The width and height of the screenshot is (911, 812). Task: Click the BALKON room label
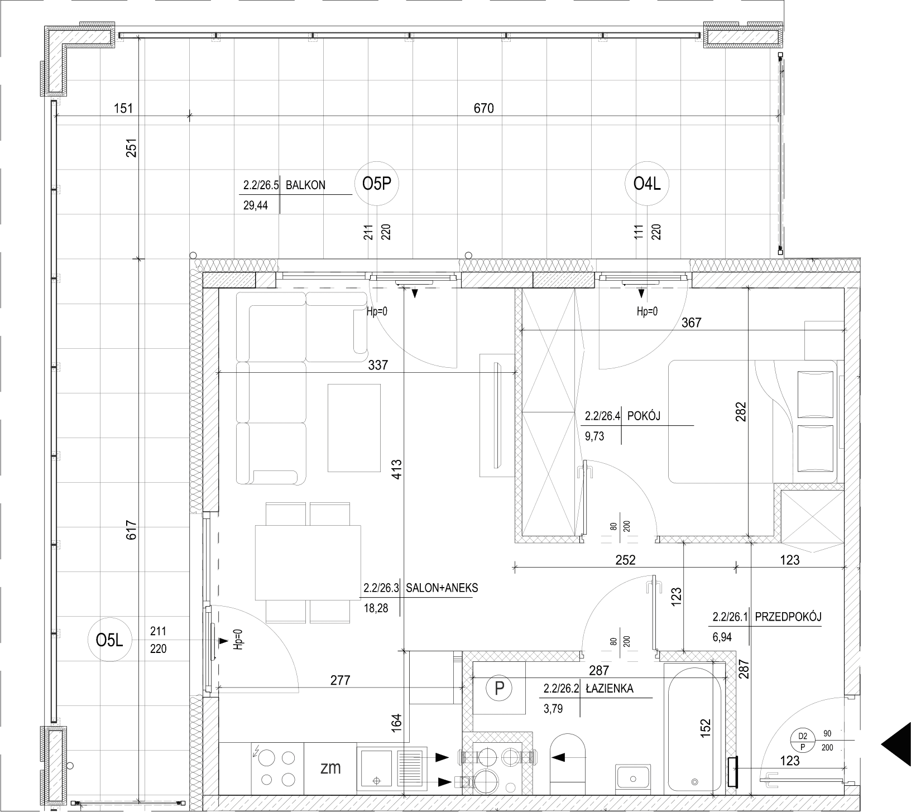click(x=305, y=185)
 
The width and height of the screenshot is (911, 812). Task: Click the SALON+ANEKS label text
click(x=442, y=588)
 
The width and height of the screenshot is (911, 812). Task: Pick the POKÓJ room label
click(x=645, y=416)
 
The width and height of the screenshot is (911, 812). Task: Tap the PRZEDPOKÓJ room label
click(x=788, y=617)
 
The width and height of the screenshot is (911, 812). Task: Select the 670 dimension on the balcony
click(x=484, y=108)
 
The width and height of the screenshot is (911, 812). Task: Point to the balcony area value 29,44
click(x=256, y=205)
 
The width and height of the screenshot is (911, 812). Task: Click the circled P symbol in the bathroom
click(x=498, y=688)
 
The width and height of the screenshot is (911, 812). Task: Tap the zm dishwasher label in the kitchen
click(x=330, y=767)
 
